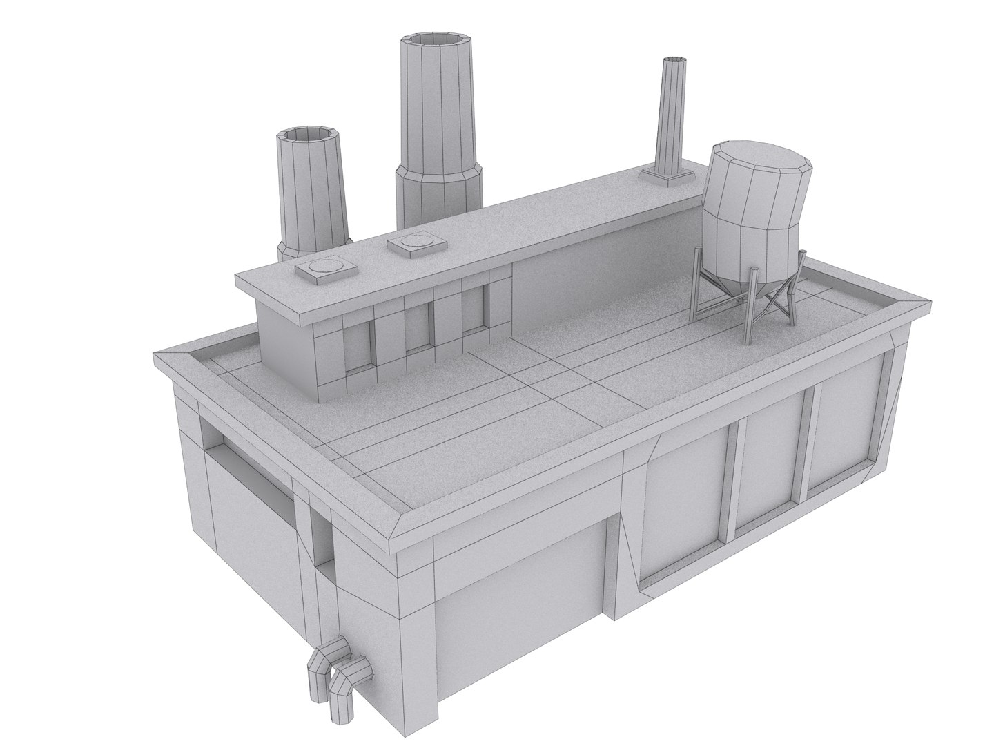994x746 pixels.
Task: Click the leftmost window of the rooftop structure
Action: (359, 345)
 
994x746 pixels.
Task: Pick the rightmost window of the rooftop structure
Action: (472, 312)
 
